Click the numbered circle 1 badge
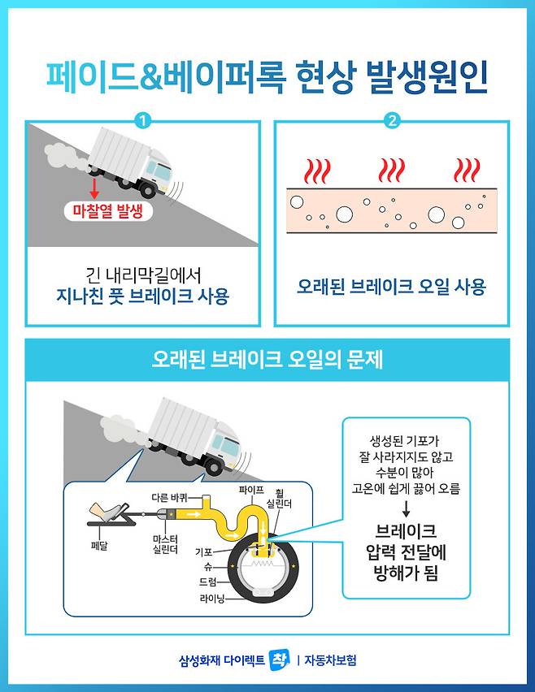[143, 120]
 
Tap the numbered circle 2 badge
[392, 120]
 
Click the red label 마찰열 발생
[108, 211]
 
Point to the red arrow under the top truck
[94, 188]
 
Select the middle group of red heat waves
[391, 171]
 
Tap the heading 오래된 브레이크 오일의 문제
[267, 360]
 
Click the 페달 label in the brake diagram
[99, 546]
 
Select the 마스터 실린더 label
[165, 544]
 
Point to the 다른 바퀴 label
[170, 498]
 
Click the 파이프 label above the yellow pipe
[251, 490]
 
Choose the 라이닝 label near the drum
[212, 599]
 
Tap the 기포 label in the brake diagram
[203, 551]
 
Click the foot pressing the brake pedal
[105, 511]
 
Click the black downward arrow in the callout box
[406, 509]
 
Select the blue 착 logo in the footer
[280, 660]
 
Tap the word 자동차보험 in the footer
[330, 660]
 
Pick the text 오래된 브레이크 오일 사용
[391, 286]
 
